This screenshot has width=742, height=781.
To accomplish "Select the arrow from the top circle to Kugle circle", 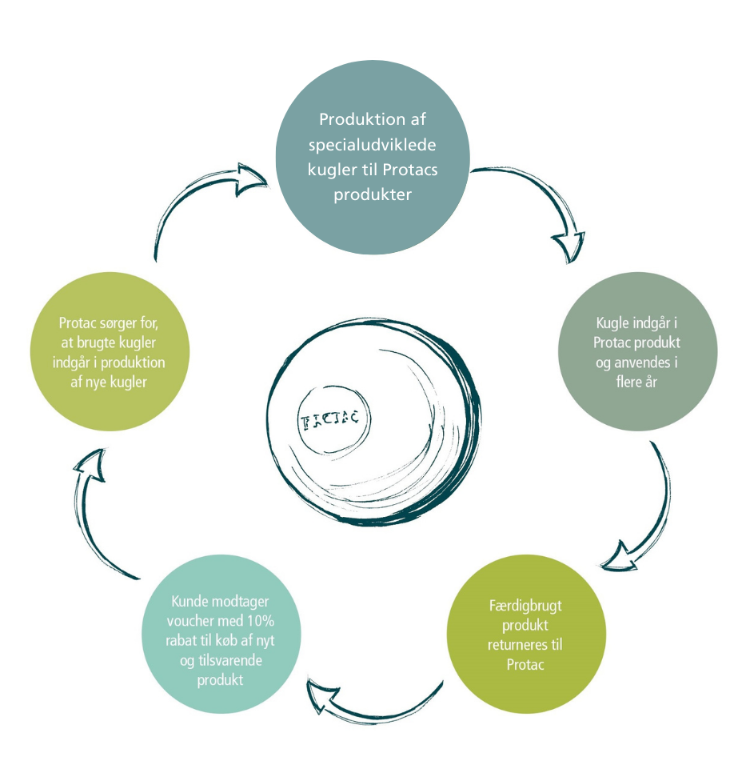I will click(x=544, y=208).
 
